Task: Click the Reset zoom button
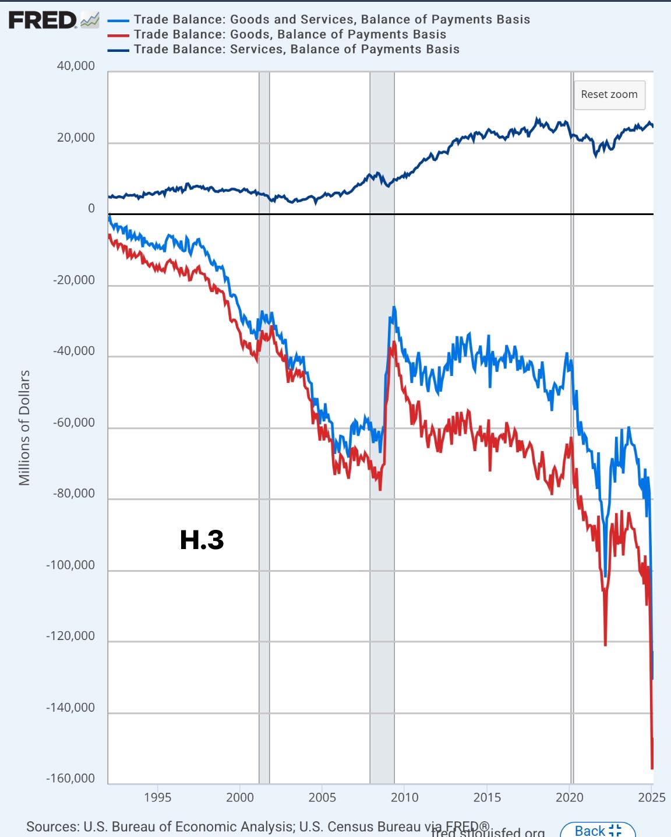pyautogui.click(x=609, y=94)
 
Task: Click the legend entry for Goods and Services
pyautogui.click(x=331, y=19)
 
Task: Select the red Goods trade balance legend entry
pyautogui.click(x=289, y=34)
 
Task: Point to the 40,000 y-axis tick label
pyautogui.click(x=76, y=66)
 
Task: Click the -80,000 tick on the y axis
pyautogui.click(x=73, y=494)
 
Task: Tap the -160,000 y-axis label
pyautogui.click(x=71, y=779)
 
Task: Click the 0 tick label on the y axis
pyautogui.click(x=91, y=209)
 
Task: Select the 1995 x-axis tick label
pyautogui.click(x=157, y=797)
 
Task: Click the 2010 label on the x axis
pyautogui.click(x=404, y=797)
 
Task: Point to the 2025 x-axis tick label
pyautogui.click(x=651, y=797)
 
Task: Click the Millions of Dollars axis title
pyautogui.click(x=24, y=428)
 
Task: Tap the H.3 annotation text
pyautogui.click(x=202, y=540)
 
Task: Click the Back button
pyautogui.click(x=597, y=830)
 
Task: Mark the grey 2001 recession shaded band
pyautogui.click(x=264, y=408)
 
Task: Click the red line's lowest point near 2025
pyautogui.click(x=652, y=768)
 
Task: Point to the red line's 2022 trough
pyautogui.click(x=605, y=645)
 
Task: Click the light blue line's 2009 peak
pyautogui.click(x=394, y=307)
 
